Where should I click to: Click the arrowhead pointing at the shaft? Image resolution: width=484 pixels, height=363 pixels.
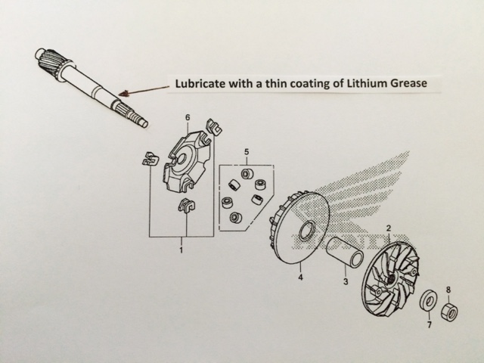click(124, 93)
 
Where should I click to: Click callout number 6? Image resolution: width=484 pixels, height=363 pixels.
click(188, 118)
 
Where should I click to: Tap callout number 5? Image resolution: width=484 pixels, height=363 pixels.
click(247, 152)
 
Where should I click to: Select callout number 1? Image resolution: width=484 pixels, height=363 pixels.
click(181, 250)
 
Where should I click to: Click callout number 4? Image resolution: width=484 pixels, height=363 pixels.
click(300, 277)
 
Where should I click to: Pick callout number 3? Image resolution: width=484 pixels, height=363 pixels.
click(346, 281)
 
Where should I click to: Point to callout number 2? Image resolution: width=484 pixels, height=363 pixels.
click(389, 228)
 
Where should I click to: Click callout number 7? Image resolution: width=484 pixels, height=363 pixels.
click(430, 324)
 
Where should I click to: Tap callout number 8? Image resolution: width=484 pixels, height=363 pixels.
click(448, 290)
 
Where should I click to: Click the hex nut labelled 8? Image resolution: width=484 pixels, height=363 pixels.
click(450, 312)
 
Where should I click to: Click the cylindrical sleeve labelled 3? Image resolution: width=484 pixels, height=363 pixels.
click(345, 250)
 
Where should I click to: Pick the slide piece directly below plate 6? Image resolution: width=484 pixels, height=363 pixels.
click(187, 206)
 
